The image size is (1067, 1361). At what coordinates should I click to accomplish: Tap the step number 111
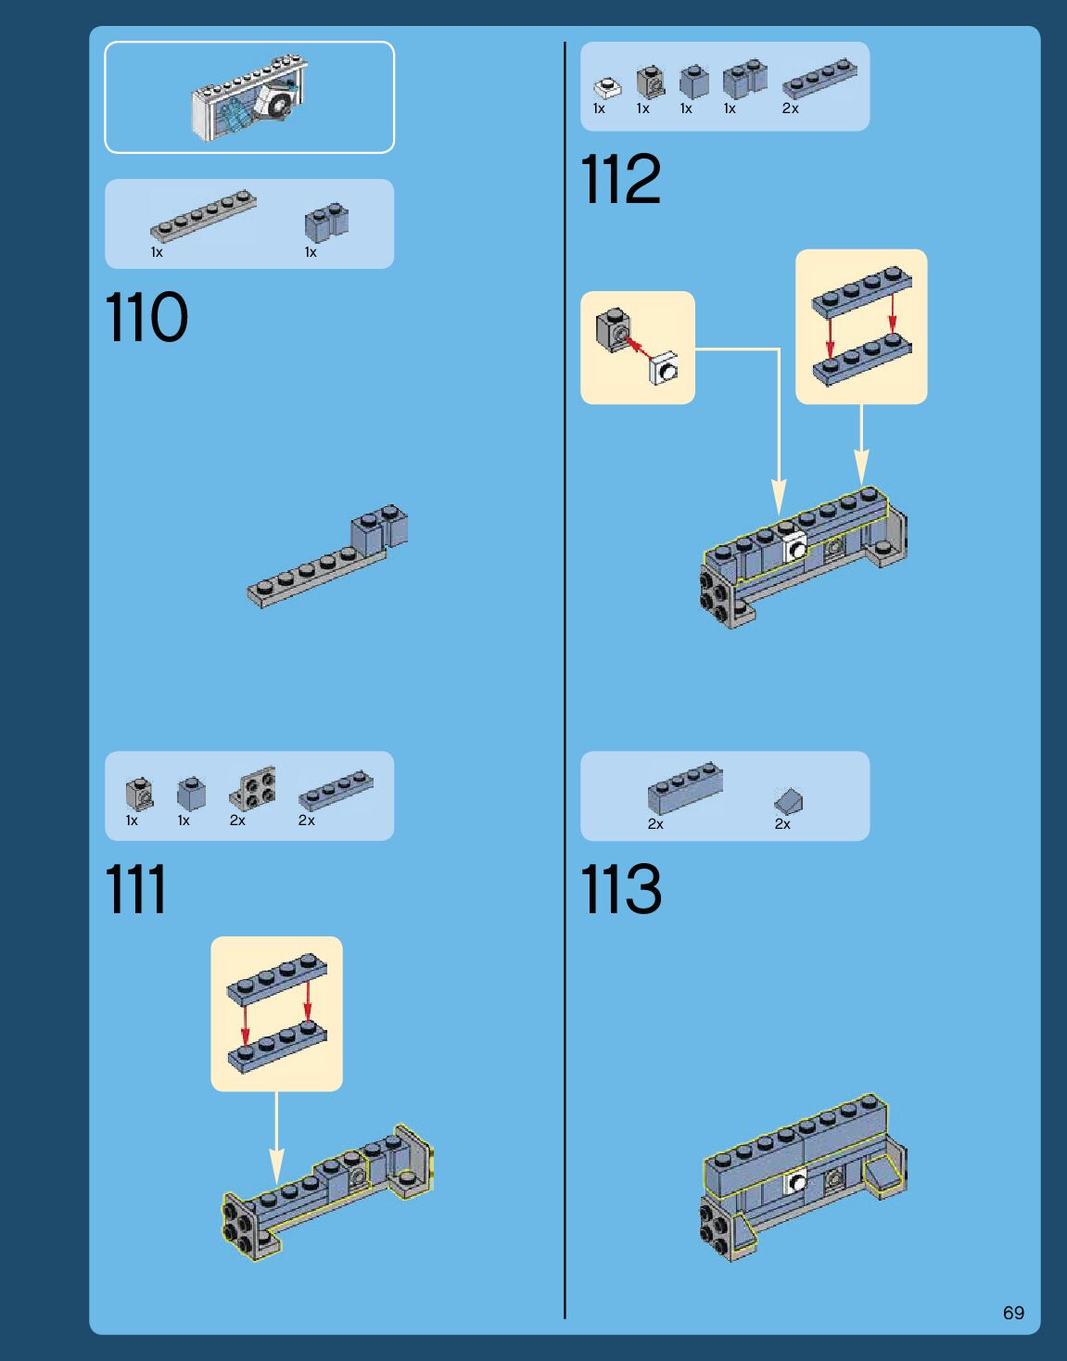click(x=135, y=888)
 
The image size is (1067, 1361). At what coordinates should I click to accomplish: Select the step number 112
click(x=620, y=179)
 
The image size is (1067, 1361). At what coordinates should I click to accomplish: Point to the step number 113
click(x=620, y=888)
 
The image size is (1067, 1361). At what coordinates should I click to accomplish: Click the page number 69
click(x=1014, y=1312)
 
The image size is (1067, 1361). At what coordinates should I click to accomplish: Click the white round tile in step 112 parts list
click(x=607, y=87)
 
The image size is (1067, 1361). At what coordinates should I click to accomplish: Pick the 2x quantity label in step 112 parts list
click(x=790, y=108)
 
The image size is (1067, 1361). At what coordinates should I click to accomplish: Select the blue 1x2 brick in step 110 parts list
click(x=326, y=223)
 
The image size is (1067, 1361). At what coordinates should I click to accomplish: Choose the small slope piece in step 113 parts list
click(x=788, y=801)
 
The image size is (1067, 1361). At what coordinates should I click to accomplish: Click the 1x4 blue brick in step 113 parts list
click(x=685, y=788)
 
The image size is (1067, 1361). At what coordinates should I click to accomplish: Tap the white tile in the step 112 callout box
click(x=664, y=368)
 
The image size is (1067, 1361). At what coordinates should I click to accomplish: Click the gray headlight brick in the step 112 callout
click(x=614, y=329)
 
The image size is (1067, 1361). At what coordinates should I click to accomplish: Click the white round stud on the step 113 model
click(x=796, y=1182)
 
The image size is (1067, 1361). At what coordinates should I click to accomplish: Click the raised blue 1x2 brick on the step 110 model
click(x=379, y=529)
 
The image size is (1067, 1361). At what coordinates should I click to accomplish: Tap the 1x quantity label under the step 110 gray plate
click(x=157, y=252)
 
